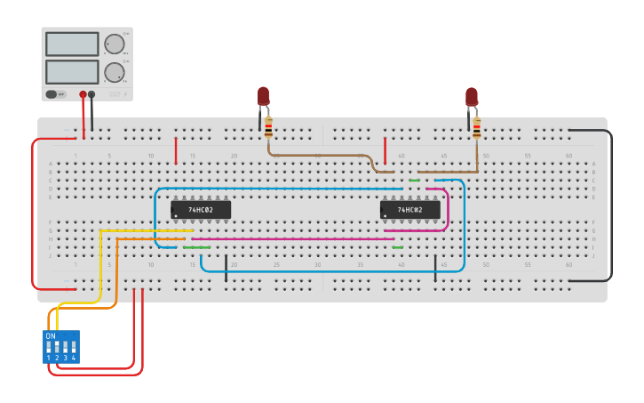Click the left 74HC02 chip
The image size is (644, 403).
(201, 210)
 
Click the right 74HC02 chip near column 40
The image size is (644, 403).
(409, 210)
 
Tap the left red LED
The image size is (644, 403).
(263, 96)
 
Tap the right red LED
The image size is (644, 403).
(471, 96)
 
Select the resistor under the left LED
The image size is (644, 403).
(268, 128)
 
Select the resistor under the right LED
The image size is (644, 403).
(476, 128)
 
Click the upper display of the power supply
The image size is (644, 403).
(72, 44)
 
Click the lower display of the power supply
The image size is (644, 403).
(72, 71)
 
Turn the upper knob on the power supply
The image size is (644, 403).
(115, 44)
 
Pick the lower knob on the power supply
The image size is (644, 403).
(115, 72)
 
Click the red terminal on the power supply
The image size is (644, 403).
(83, 93)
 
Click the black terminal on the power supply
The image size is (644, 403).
(91, 93)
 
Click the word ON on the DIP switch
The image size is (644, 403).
(51, 336)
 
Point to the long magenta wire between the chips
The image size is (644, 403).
(293, 238)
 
